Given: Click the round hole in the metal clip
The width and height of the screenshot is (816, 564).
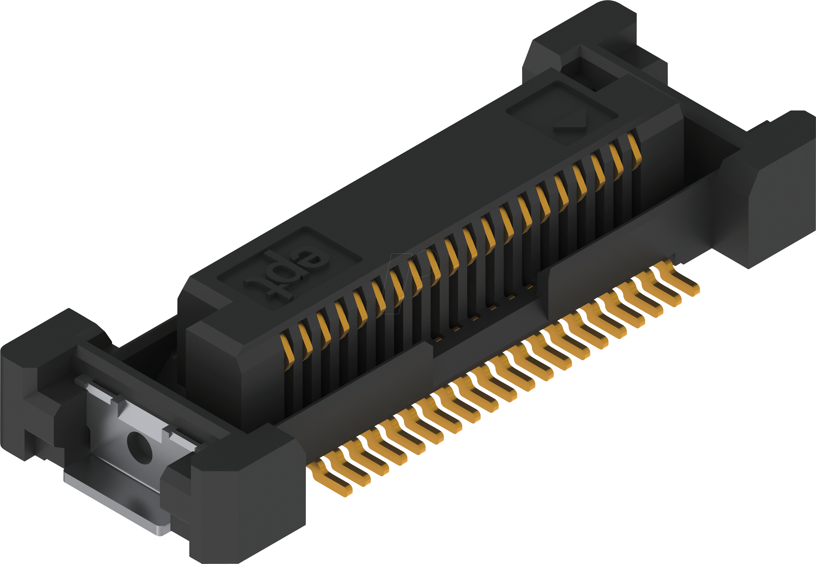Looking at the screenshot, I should (x=140, y=447).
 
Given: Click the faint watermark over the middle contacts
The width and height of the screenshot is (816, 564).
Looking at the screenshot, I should (x=409, y=279).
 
